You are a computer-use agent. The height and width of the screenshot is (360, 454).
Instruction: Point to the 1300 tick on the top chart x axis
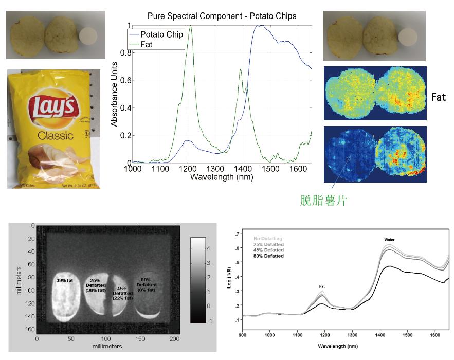pos(216,169)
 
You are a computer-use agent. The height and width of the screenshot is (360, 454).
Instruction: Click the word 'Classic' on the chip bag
pos(55,136)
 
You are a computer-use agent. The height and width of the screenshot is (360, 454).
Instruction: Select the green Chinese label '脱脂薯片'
pos(323,200)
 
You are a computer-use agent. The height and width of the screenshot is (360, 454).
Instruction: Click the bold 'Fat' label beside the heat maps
pos(438,97)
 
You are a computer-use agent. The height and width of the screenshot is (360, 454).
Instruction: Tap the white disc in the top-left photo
pos(88,38)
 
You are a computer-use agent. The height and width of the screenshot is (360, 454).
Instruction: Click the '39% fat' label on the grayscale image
pos(67,280)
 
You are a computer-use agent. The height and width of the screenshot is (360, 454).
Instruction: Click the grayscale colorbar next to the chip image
pos(198,280)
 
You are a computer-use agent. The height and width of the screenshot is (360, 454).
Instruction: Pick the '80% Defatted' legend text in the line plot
pos(268,256)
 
